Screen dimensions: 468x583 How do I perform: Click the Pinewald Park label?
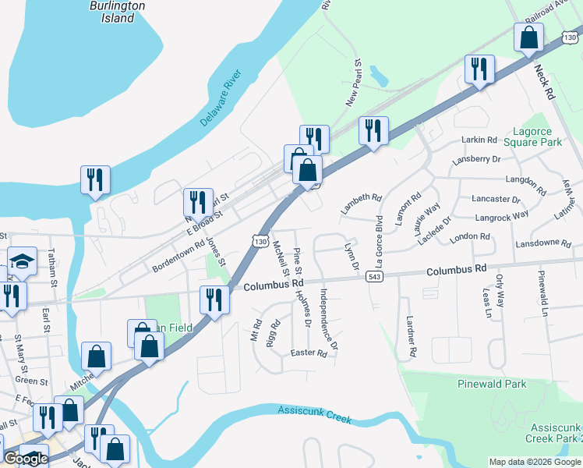pyautogui.click(x=493, y=384)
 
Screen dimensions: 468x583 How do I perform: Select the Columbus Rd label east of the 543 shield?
pyautogui.click(x=456, y=269)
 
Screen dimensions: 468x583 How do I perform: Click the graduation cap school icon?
pyautogui.click(x=22, y=261)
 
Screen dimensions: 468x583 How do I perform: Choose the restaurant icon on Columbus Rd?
pyautogui.click(x=214, y=300)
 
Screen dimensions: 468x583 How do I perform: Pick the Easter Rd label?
pyautogui.click(x=308, y=353)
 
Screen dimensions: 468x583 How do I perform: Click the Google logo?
pyautogui.click(x=25, y=459)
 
